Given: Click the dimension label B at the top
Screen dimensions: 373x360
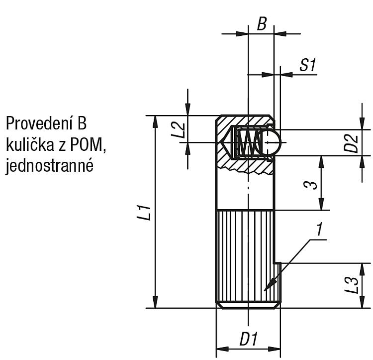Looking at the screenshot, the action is (262, 24).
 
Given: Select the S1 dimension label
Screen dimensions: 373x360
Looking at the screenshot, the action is (308, 65).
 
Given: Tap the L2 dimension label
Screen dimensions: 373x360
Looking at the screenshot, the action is (179, 130).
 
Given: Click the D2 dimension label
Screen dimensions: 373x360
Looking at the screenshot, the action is (351, 143).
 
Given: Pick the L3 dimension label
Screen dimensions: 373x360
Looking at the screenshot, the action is (352, 285).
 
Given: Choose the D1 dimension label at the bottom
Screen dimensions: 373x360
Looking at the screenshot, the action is (249, 339).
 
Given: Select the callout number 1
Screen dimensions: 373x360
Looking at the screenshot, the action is (319, 229).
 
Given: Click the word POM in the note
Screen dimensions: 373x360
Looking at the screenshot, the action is (87, 145).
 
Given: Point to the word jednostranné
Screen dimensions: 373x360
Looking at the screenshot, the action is (49, 166).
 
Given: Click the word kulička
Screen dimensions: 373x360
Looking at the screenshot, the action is (30, 145).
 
